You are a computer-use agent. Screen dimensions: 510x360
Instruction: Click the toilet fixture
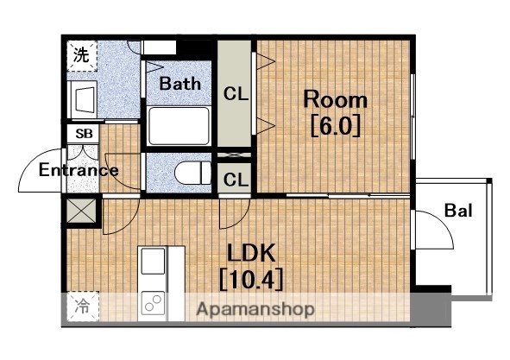click(x=192, y=173)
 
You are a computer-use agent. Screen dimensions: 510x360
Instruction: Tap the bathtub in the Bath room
click(x=179, y=126)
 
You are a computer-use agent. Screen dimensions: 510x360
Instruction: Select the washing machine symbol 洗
click(x=82, y=55)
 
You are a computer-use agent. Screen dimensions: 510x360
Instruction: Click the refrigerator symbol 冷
click(x=83, y=306)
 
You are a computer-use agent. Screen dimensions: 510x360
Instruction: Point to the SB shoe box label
click(x=84, y=134)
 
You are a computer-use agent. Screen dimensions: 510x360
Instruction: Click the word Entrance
click(x=79, y=170)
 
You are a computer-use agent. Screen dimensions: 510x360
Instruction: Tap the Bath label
click(x=179, y=84)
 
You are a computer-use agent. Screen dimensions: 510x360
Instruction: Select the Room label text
click(x=336, y=99)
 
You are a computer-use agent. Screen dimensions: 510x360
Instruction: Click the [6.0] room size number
click(x=336, y=125)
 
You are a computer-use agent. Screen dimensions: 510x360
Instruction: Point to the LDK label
click(x=251, y=253)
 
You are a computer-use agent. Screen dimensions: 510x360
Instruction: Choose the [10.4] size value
click(x=251, y=279)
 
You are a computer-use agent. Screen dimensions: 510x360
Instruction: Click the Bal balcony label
click(x=458, y=211)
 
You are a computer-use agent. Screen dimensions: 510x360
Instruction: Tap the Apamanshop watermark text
click(x=255, y=309)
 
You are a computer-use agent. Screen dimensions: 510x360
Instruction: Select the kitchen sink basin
click(x=153, y=261)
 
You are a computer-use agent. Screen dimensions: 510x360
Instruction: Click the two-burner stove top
click(x=153, y=303)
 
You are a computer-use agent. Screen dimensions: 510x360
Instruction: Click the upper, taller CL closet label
click(x=236, y=95)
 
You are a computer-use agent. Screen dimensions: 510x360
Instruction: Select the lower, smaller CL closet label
click(x=236, y=180)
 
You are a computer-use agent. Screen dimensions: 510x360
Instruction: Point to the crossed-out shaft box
click(x=81, y=211)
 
